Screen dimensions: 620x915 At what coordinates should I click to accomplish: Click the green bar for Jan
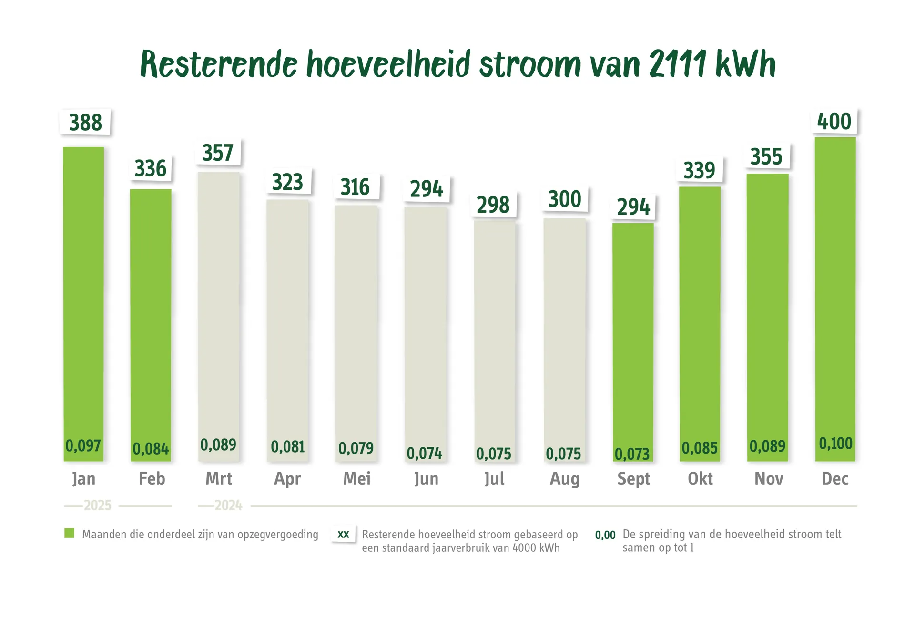tap(83, 296)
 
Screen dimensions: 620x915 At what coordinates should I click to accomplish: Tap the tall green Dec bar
tap(835, 286)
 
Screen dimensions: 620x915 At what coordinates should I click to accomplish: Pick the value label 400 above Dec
tap(834, 122)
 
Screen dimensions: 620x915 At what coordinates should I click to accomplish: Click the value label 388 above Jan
tap(85, 123)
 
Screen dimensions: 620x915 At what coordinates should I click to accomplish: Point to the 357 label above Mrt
tap(218, 153)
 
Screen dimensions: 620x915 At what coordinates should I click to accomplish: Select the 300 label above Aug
tap(565, 199)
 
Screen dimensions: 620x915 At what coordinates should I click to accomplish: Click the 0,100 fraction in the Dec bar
tap(835, 444)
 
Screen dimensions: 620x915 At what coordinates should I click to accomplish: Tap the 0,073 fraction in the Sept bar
tap(632, 454)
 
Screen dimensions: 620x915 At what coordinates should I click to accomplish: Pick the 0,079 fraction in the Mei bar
tap(356, 448)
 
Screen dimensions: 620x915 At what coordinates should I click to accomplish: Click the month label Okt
tap(700, 478)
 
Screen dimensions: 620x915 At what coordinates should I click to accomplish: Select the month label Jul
tap(494, 478)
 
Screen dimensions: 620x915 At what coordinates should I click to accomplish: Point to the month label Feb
tap(152, 478)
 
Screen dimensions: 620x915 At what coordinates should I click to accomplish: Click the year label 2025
tap(98, 506)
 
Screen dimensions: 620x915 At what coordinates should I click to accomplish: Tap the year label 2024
tap(228, 506)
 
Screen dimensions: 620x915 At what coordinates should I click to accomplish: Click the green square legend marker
tap(70, 533)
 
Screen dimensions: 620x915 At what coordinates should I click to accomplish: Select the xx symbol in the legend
tap(343, 535)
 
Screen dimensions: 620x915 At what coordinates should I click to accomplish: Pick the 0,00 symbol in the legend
tap(605, 535)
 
